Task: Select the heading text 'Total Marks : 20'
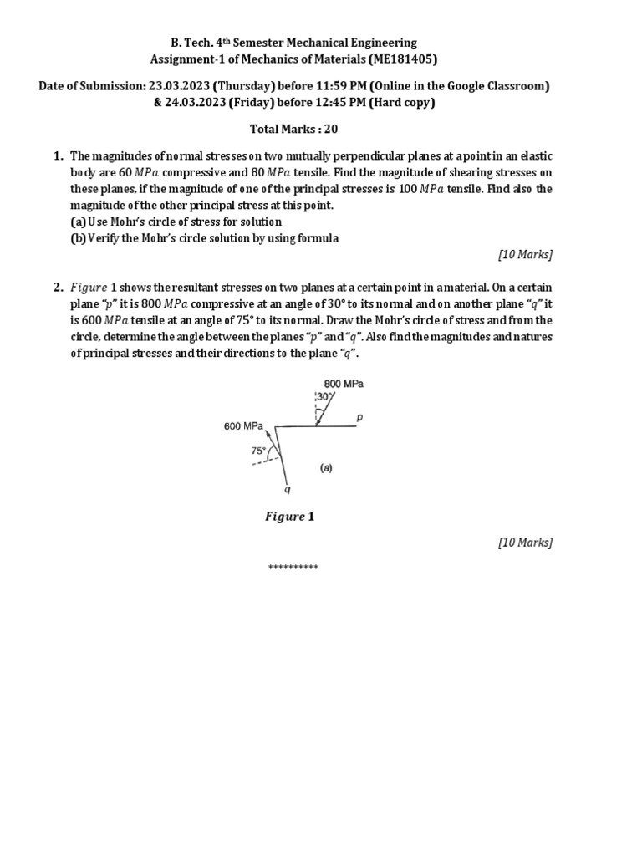click(x=293, y=129)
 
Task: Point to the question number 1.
click(x=59, y=156)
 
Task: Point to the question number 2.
click(x=59, y=288)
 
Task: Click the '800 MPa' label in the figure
click(x=344, y=384)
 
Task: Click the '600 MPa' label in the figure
click(x=243, y=426)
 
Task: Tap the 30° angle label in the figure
click(x=323, y=397)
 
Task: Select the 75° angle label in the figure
click(x=258, y=450)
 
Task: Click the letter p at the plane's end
click(x=360, y=415)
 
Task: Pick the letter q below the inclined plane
click(x=287, y=490)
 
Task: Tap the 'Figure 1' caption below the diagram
click(x=289, y=517)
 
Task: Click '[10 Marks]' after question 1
click(x=525, y=254)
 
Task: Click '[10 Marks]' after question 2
click(x=525, y=543)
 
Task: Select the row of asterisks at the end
click(x=293, y=568)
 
